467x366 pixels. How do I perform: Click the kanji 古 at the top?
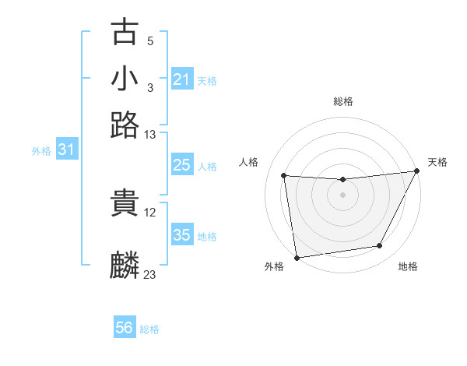pos(125,33)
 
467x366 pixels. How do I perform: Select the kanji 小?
pos(125,78)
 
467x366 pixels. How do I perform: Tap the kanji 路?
pos(125,125)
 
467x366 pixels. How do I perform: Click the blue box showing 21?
pos(181,79)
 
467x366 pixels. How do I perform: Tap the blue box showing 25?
pos(181,165)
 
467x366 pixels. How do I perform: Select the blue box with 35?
pos(181,235)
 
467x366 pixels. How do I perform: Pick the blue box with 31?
pos(66,150)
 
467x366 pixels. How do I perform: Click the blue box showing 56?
pos(125,328)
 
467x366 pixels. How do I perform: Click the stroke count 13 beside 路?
pos(150,135)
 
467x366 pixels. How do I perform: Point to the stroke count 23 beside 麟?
pos(150,274)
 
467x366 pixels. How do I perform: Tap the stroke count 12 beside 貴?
pos(150,212)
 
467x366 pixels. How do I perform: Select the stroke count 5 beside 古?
pos(150,40)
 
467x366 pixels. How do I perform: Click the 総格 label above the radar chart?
pos(342,101)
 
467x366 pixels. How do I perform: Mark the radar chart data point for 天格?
pos(417,172)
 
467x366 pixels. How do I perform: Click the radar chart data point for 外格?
pos(296,257)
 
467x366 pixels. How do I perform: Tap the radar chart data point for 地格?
pos(380,246)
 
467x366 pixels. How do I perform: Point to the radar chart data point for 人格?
pos(284,176)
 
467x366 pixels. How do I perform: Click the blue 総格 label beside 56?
pos(149,329)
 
